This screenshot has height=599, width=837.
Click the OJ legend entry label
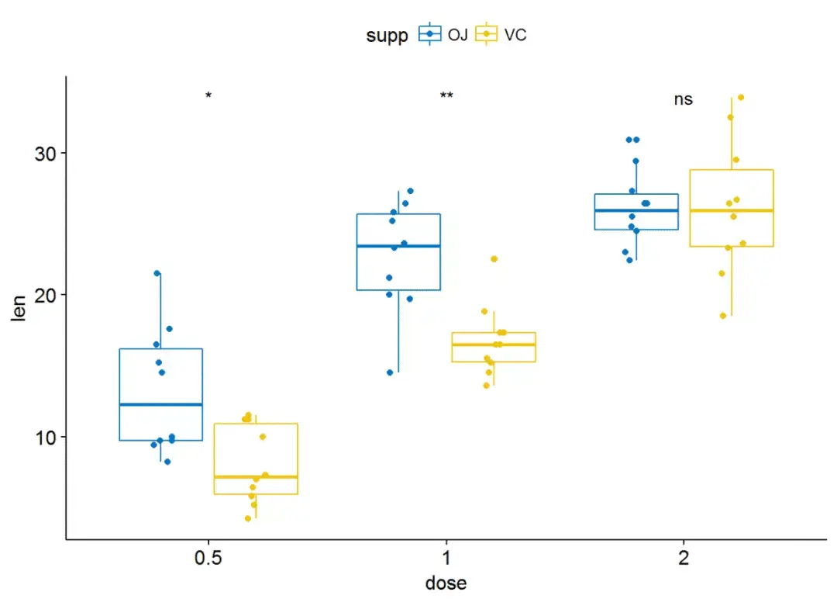click(x=458, y=35)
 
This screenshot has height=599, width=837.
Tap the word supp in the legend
click(x=387, y=36)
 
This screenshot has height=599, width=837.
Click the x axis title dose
click(x=446, y=583)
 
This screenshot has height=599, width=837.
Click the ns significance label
click(x=683, y=99)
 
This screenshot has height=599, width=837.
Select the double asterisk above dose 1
click(x=446, y=95)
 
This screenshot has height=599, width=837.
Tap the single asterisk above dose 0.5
click(x=208, y=95)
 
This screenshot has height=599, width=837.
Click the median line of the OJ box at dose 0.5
click(x=160, y=404)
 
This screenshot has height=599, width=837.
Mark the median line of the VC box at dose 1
click(x=494, y=345)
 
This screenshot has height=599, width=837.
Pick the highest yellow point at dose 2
click(x=741, y=97)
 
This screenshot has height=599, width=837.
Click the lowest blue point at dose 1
click(x=390, y=372)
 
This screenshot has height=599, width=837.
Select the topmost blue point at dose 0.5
click(x=157, y=273)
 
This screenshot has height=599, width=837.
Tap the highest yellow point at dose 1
click(x=494, y=258)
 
